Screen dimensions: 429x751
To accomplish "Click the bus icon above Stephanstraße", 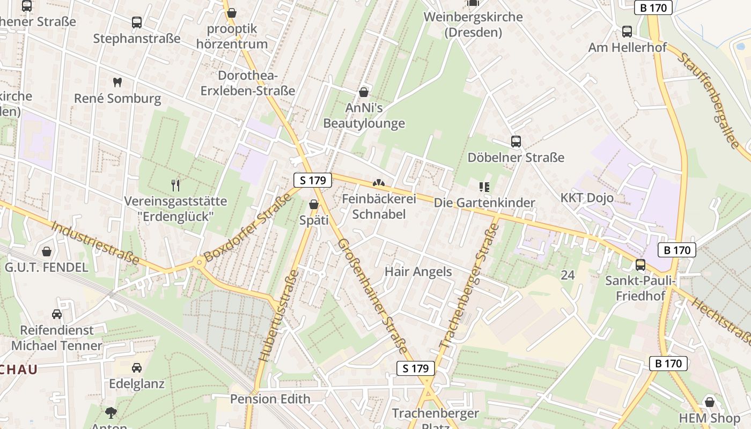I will [137, 23].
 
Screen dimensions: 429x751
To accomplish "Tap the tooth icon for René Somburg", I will [117, 83].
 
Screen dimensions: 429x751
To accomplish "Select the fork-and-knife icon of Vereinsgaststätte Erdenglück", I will [175, 186].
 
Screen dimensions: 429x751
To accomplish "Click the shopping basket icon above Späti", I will [314, 204].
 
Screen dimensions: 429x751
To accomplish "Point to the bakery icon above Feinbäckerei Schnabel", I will [379, 184].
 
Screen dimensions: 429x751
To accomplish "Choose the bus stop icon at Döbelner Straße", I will [516, 142].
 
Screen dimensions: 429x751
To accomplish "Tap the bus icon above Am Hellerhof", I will [627, 32].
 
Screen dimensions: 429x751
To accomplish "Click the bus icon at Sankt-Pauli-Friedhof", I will [640, 264].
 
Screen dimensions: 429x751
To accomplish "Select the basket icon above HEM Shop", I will [710, 402].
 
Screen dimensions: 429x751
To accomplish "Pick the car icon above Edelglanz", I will [137, 368].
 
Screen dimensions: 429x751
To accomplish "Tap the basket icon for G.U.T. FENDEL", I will [47, 251].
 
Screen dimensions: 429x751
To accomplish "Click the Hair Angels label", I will [418, 272].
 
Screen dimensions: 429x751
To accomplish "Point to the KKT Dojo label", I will [587, 198].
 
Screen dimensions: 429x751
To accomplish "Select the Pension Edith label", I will [270, 399].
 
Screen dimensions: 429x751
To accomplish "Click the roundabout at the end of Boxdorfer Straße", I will [199, 262].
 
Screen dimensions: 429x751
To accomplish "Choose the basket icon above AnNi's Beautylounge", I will [364, 92].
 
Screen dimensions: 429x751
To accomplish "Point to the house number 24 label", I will [568, 275].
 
